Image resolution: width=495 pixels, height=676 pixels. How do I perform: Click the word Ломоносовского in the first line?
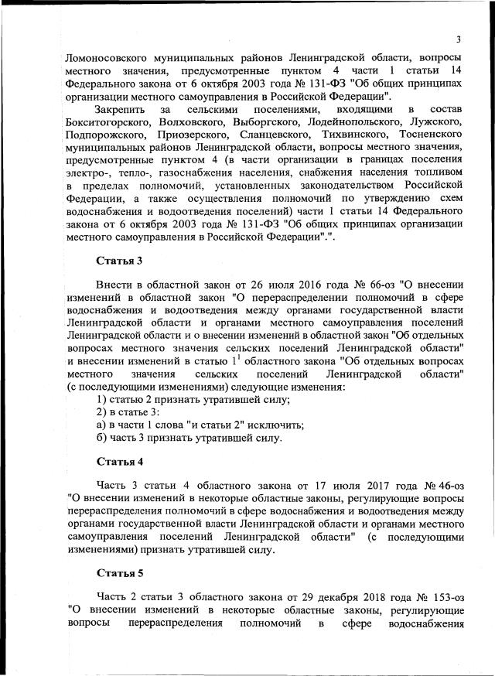coord(108,59)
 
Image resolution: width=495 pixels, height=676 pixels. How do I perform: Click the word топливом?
coord(440,172)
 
